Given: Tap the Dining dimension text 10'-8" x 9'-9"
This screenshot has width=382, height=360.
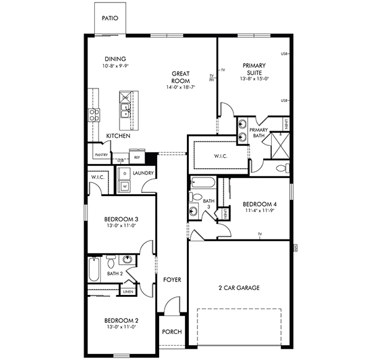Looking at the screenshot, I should [x=116, y=66].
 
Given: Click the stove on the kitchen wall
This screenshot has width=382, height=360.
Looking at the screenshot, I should [x=94, y=114].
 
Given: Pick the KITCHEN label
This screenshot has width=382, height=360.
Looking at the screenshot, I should [x=118, y=135].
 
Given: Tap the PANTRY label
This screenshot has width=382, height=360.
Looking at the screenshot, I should [x=101, y=155].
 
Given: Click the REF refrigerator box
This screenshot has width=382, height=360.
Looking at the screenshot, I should [x=137, y=157].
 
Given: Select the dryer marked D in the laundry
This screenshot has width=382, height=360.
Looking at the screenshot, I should [x=124, y=174].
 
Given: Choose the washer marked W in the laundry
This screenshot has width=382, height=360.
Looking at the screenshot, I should [x=124, y=185].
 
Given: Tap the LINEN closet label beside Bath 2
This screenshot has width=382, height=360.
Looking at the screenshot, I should [x=128, y=291].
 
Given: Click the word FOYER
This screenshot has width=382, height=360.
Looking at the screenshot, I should [x=171, y=280].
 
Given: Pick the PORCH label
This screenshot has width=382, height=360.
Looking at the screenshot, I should [x=171, y=332].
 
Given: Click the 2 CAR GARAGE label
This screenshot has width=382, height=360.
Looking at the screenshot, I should [x=239, y=288].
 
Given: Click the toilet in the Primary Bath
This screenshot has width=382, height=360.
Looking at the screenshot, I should [x=281, y=168].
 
